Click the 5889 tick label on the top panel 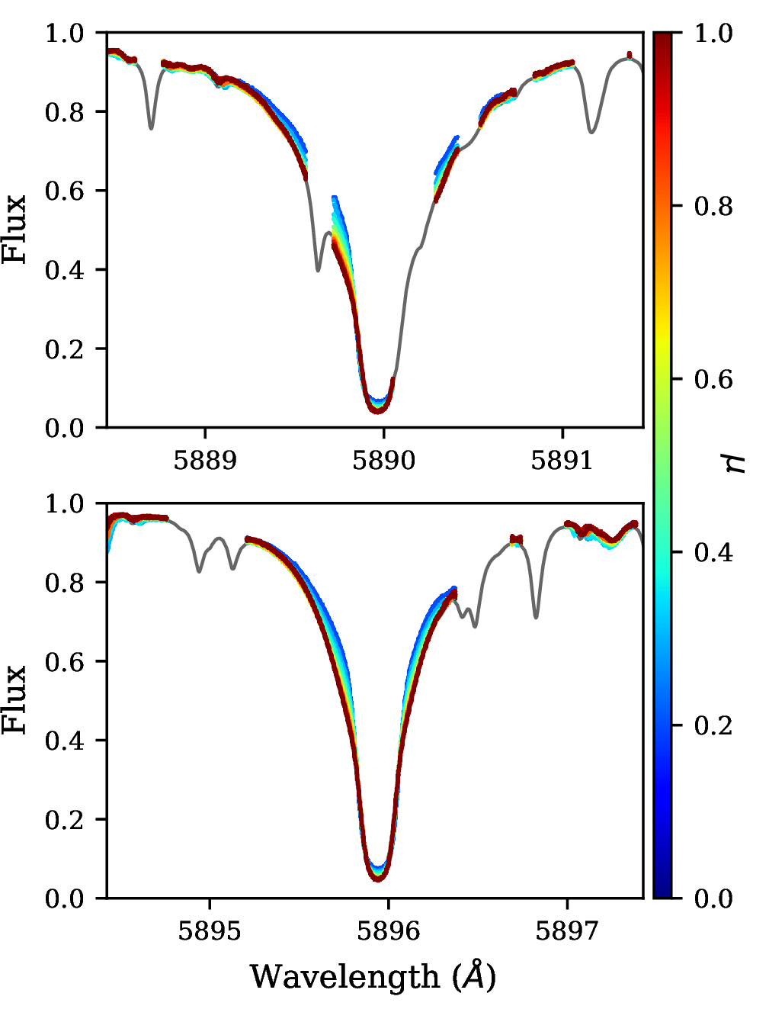click(205, 461)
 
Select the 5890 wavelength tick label click(383, 461)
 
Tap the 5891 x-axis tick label click(562, 461)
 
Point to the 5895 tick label click(210, 931)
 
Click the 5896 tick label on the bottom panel click(388, 931)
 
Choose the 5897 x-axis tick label click(567, 931)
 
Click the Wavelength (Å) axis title click(373, 977)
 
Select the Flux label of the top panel click(14, 230)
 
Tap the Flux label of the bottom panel click(14, 700)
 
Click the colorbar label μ click(736, 463)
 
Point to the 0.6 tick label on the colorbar click(714, 379)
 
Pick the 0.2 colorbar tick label click(714, 725)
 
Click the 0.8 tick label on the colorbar click(714, 206)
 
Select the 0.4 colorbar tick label click(714, 552)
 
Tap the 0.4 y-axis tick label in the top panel click(64, 270)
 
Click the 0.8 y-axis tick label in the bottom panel click(64, 583)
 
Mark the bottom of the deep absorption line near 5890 click(377, 410)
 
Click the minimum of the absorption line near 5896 click(378, 879)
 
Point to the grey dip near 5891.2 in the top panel click(591, 132)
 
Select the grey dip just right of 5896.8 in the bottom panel click(537, 616)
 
